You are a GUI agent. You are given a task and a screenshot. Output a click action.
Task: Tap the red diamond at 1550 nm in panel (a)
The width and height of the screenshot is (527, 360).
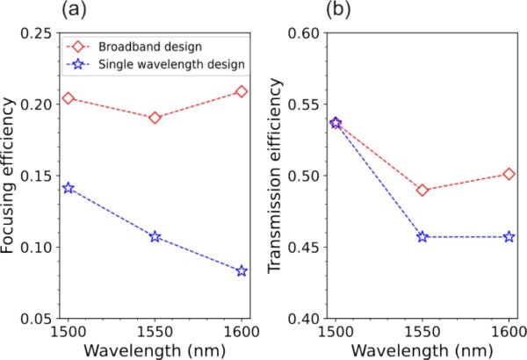pos(155,117)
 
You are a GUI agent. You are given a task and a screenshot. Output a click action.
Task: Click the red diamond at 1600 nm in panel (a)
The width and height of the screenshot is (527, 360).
pos(242,91)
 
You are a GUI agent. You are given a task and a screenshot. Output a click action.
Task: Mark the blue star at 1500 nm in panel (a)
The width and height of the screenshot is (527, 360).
pos(69,188)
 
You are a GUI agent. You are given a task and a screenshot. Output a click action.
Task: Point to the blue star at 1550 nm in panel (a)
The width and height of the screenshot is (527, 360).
pos(155,236)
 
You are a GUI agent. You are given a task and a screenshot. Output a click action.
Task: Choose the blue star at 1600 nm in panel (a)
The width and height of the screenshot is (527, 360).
pos(242,270)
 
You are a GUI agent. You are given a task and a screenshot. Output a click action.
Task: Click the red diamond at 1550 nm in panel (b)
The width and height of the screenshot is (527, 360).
pos(422,190)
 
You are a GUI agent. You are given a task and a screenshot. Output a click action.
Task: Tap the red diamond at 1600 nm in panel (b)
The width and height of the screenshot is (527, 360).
pos(509,174)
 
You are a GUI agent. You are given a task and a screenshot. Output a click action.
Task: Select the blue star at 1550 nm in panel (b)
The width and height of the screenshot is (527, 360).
pos(422,236)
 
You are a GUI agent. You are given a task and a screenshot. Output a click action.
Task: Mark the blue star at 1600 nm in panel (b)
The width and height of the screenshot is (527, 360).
pos(509,236)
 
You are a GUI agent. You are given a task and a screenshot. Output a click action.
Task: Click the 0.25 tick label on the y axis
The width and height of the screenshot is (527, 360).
pos(39,33)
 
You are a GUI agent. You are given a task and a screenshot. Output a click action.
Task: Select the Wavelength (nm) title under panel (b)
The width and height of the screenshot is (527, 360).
pos(422,349)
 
